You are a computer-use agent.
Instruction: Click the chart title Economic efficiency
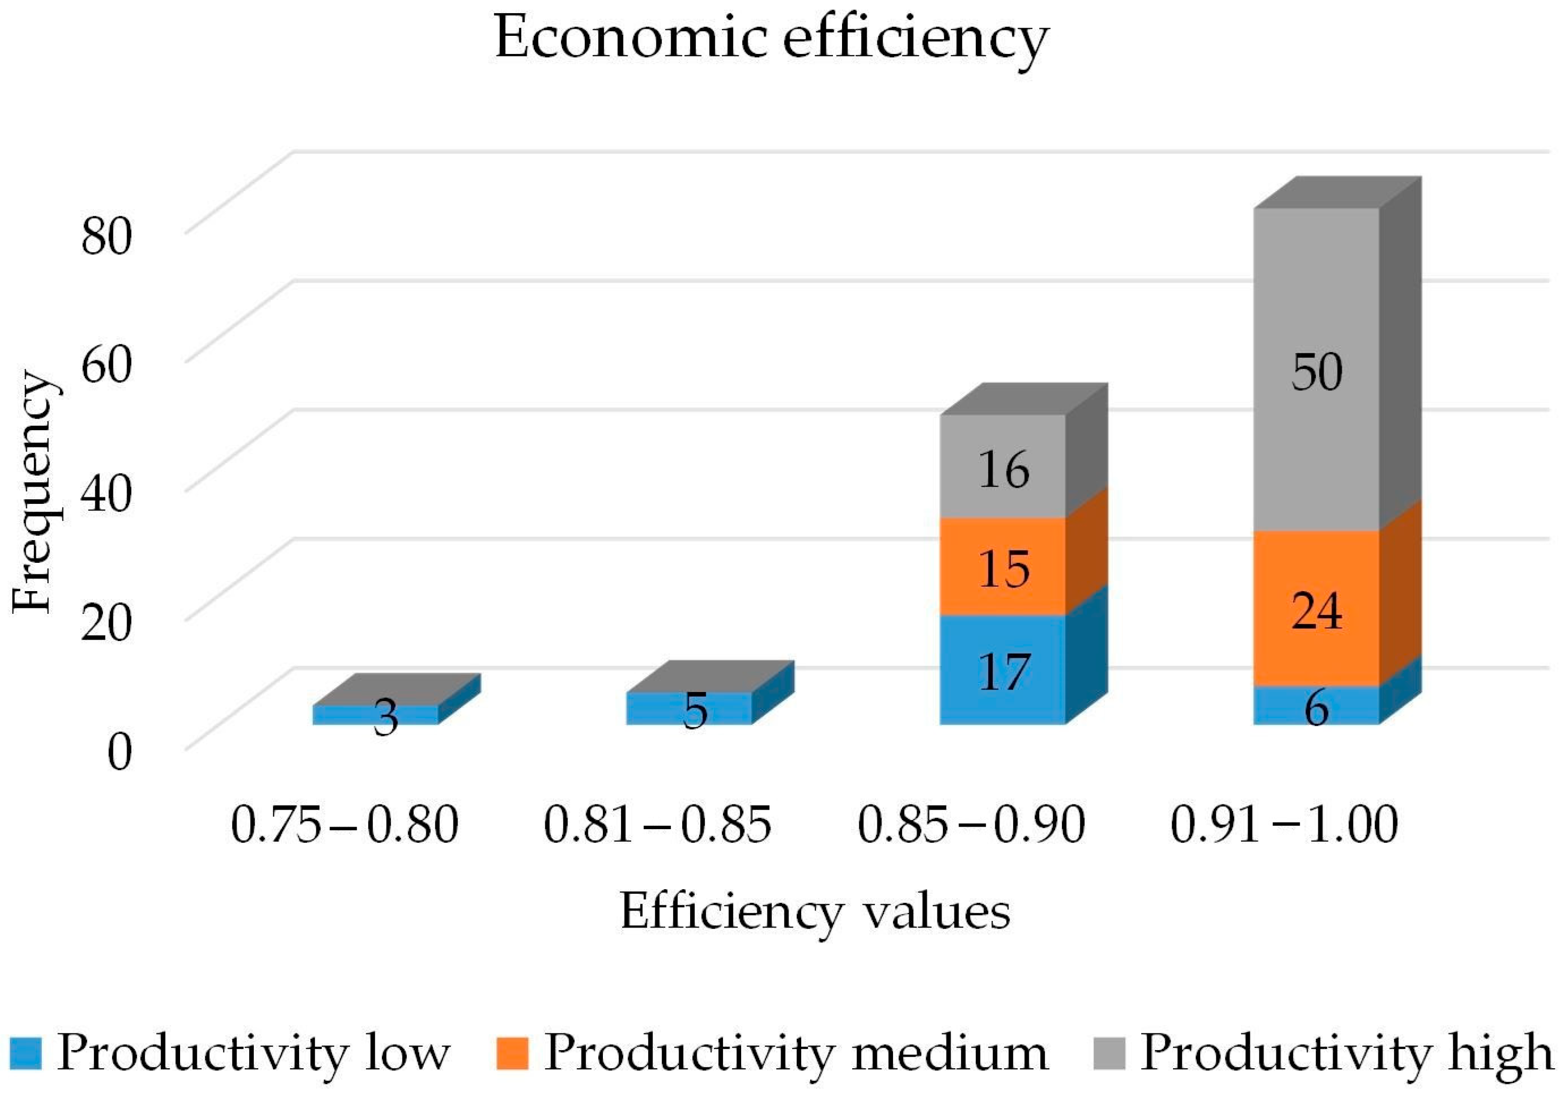[771, 39]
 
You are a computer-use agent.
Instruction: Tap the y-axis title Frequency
[33, 492]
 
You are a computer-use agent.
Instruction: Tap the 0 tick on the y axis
[119, 753]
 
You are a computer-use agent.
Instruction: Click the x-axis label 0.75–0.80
[344, 825]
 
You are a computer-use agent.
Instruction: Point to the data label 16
[1003, 470]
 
